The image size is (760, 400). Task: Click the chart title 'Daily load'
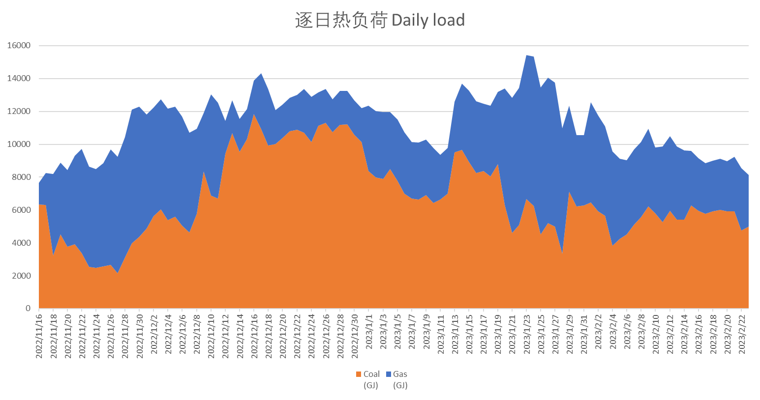pos(380,20)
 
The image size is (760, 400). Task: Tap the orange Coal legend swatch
pos(359,374)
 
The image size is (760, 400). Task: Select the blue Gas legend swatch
pos(389,374)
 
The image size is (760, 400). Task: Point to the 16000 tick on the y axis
pos(19,46)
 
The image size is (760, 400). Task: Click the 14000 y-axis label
pos(19,79)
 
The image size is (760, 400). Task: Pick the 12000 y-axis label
pos(19,112)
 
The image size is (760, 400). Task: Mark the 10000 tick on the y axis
pos(19,144)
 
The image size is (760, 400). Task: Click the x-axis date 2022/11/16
pos(39,332)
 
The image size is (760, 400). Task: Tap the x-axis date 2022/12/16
pos(254,332)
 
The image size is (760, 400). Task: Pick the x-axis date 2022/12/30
pos(355,332)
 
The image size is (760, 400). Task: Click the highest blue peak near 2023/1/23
pos(527,55)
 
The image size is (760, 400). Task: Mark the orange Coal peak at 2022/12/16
pos(254,115)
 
